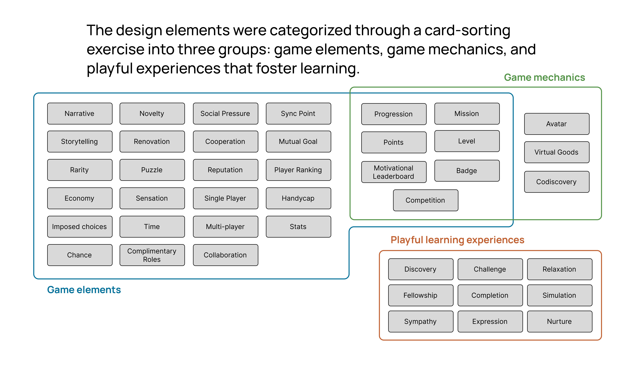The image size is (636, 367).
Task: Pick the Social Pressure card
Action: (x=225, y=113)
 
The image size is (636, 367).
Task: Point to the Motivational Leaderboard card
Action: (x=394, y=172)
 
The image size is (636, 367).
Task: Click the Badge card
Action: (x=467, y=171)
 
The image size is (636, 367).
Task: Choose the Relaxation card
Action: (x=559, y=269)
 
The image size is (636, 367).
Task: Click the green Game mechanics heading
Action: (x=544, y=77)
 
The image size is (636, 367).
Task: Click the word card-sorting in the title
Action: (x=467, y=30)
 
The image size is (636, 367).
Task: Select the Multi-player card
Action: (x=225, y=227)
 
